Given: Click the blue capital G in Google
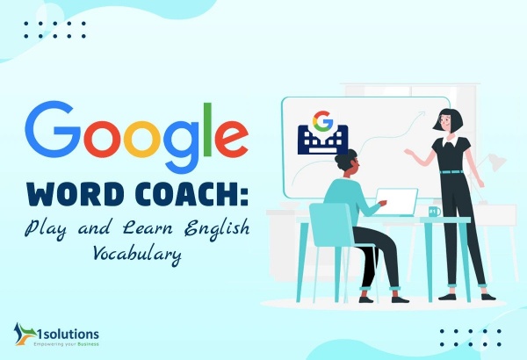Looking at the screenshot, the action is click(53, 127).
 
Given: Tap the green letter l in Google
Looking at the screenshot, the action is click(207, 129).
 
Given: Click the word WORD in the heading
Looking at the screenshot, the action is click(77, 194).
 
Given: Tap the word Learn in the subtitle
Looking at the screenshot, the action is click(148, 227).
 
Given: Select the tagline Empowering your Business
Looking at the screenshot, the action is click(66, 344).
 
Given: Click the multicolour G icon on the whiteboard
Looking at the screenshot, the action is click(322, 121).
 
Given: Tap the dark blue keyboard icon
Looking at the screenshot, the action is click(322, 140).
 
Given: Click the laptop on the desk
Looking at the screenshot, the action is click(396, 202).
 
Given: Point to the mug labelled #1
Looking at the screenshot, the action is click(435, 212).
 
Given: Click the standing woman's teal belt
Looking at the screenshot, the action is click(451, 172).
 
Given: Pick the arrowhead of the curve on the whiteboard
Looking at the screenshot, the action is click(422, 114).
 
